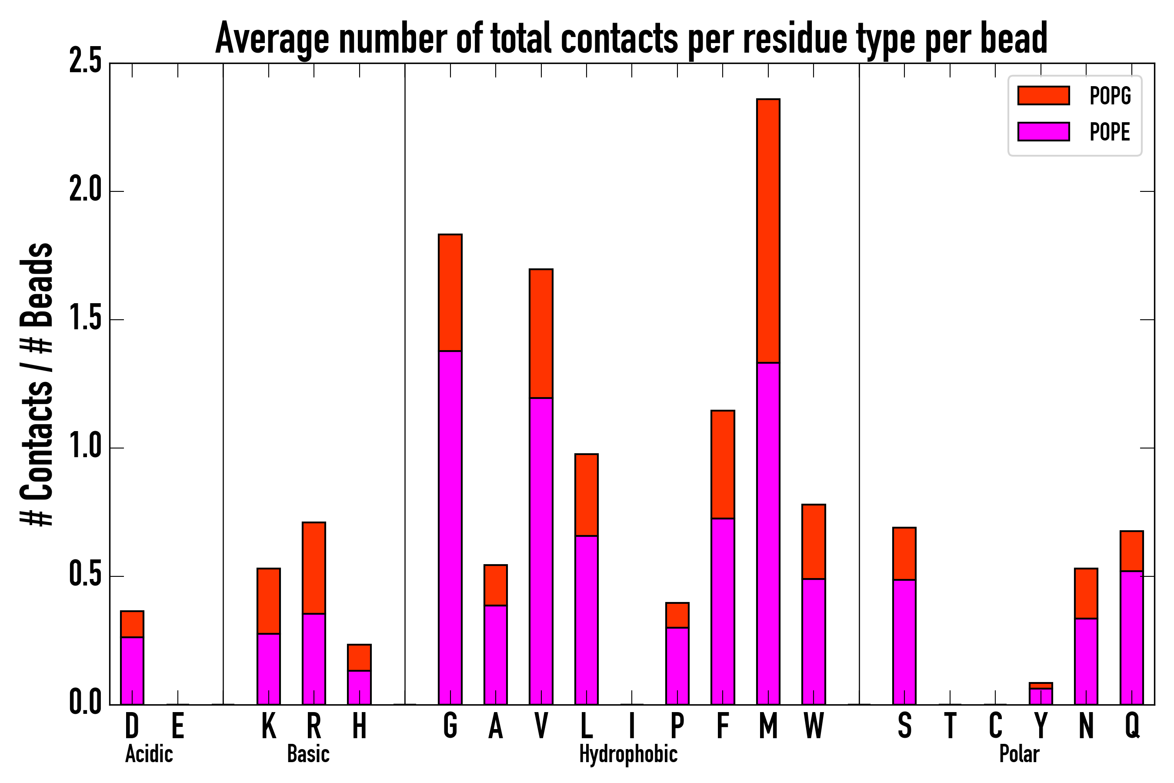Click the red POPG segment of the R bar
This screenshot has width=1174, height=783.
pos(314,568)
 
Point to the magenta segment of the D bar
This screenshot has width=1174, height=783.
pos(132,671)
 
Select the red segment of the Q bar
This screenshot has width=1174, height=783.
pos(1131,551)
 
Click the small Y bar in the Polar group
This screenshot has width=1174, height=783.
pos(1041,695)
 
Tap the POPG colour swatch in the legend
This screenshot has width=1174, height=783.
pos(1043,95)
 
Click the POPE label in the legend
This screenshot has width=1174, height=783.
pos(1110,132)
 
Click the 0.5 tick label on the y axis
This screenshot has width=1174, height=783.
pos(85,575)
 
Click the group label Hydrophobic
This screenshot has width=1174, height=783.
pos(628,754)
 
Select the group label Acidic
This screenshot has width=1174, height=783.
pos(149,754)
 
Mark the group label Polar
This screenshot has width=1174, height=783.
pos(1019,754)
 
